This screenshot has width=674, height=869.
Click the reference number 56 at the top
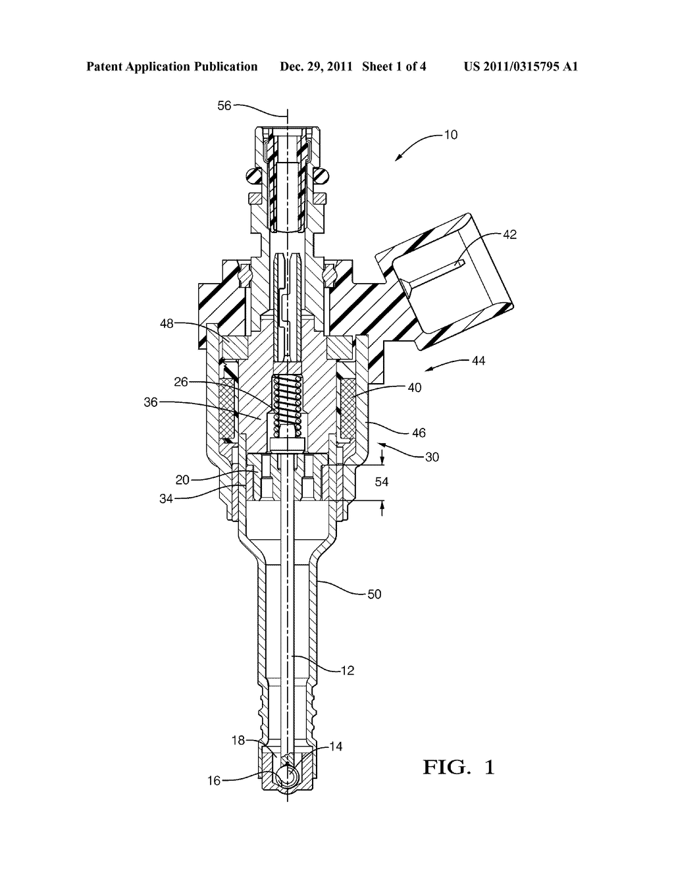tap(224, 105)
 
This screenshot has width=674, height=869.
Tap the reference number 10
tap(450, 135)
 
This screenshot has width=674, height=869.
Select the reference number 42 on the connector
tap(509, 234)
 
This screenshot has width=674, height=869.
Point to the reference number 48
tap(167, 323)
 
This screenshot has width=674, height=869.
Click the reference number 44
tap(479, 361)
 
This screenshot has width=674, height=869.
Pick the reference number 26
tap(181, 382)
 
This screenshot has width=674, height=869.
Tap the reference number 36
tap(151, 402)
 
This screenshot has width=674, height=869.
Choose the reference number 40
tap(414, 388)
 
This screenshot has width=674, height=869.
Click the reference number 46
tap(419, 433)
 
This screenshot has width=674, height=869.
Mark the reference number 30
tap(432, 457)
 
